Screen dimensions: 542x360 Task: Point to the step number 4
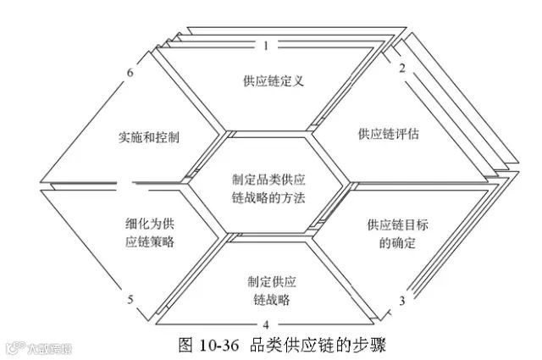(266, 324)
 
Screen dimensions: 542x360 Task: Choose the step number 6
(130, 71)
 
